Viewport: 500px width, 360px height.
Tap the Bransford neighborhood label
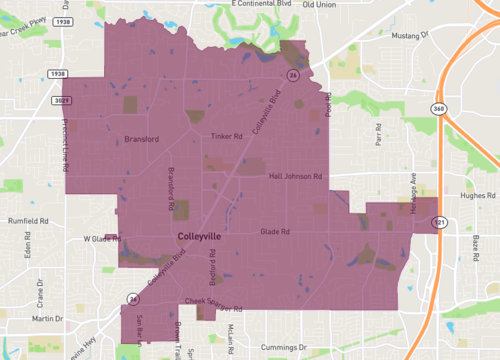click(x=141, y=139)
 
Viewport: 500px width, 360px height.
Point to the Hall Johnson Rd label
click(x=295, y=176)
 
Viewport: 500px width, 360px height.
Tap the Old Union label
click(x=319, y=5)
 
